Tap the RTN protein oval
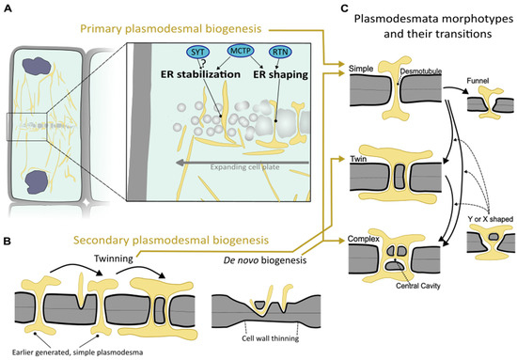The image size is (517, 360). point(253,78)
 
